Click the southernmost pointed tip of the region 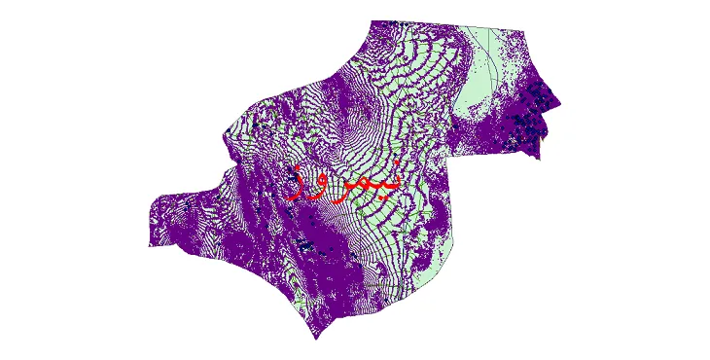click(315, 339)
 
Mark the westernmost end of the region click(149, 244)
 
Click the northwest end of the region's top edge click(372, 21)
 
